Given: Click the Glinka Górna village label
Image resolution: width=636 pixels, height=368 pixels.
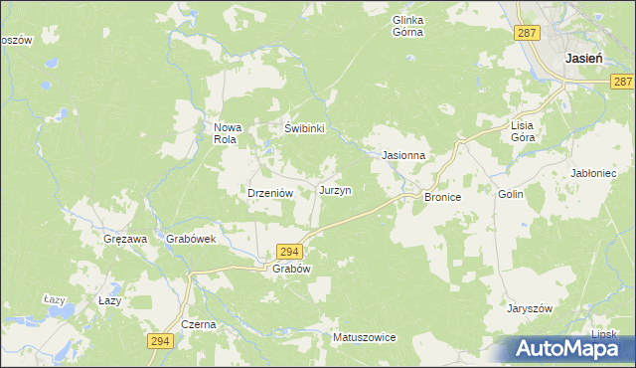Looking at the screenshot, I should pyautogui.click(x=407, y=26).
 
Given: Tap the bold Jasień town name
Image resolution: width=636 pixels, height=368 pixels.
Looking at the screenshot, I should pyautogui.click(x=583, y=59).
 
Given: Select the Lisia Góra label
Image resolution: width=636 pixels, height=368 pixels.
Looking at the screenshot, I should pyautogui.click(x=523, y=131).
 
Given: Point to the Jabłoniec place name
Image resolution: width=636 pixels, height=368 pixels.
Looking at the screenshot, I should pyautogui.click(x=596, y=172).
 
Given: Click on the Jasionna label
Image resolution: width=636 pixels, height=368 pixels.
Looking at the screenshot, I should pyautogui.click(x=403, y=156).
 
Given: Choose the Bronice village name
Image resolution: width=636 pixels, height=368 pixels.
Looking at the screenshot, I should pyautogui.click(x=443, y=198).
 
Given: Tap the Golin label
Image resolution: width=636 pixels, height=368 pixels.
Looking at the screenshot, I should pyautogui.click(x=511, y=196).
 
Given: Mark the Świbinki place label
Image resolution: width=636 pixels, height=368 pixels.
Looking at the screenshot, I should pyautogui.click(x=306, y=128).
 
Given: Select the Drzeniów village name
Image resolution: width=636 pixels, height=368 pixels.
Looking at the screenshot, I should pyautogui.click(x=268, y=194).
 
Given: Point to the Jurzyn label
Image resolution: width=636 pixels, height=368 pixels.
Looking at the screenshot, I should pyautogui.click(x=335, y=189).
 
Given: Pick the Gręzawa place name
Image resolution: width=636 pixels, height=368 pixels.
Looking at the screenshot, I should pyautogui.click(x=125, y=240).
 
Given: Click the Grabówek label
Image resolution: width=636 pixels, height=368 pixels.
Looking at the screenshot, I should pyautogui.click(x=191, y=240).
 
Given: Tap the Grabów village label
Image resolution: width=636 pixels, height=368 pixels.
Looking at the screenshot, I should pyautogui.click(x=292, y=270).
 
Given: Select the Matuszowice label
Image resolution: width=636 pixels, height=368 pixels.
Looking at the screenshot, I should pyautogui.click(x=364, y=338).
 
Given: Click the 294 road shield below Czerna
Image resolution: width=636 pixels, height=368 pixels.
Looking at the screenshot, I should pyautogui.click(x=160, y=341).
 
